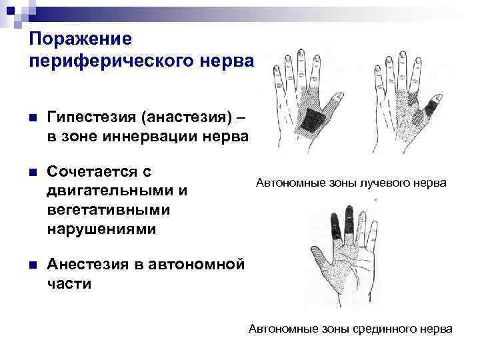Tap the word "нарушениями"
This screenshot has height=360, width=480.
click(102, 229)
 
